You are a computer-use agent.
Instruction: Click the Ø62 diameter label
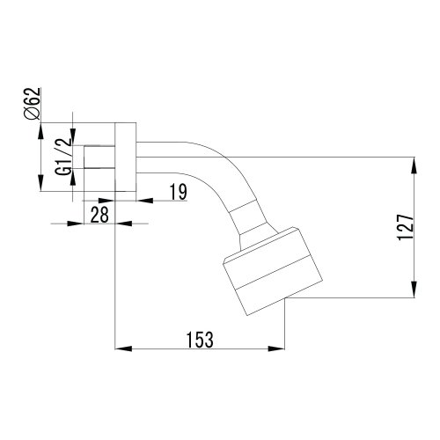33,104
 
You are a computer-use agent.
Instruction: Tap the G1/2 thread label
63,157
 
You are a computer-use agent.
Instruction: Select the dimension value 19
179,192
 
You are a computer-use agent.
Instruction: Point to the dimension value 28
99,215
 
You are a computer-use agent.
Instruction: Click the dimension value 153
200,340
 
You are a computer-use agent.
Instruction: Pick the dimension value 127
406,227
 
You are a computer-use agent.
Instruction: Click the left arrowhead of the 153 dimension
123,348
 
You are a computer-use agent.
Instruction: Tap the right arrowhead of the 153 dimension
276,348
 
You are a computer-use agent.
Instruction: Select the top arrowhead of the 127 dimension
414,165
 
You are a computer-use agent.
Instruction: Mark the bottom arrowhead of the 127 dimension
414,290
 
